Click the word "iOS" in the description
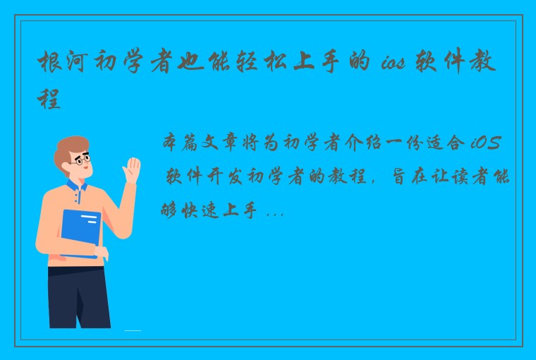pyautogui.click(x=486, y=144)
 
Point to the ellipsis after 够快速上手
pyautogui.click(x=276, y=210)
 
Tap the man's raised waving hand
pyautogui.click(x=132, y=171)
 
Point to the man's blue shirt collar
pyautogui.click(x=78, y=187)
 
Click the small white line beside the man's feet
pyautogui.click(x=133, y=330)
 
